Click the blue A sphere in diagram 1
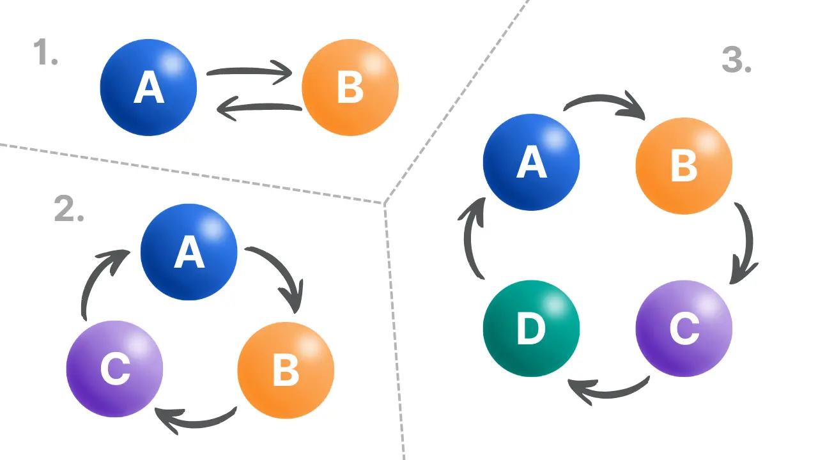pos(148,88)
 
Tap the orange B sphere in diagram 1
pos(350,88)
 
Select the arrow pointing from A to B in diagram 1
pos(249,72)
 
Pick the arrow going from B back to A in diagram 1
pos(259,109)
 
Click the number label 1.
pos(45,52)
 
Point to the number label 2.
pos(69,208)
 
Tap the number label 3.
pos(736,60)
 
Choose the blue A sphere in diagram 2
pos(189,252)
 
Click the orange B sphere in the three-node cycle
pos(286,371)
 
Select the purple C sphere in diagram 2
pos(115,369)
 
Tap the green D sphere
pos(531,328)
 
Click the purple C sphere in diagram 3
pos(684,328)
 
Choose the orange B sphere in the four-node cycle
pos(684,165)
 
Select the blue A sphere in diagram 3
pos(531,162)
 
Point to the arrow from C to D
pos(607,390)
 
